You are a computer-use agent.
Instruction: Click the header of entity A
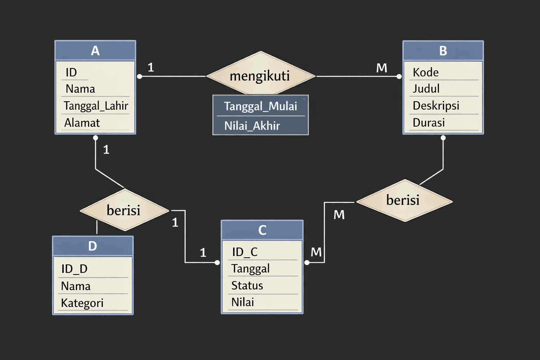click(x=95, y=51)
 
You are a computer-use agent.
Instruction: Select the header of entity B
click(x=443, y=51)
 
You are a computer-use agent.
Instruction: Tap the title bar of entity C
click(x=262, y=230)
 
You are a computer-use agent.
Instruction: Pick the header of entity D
click(x=92, y=246)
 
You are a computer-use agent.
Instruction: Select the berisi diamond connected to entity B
click(x=404, y=200)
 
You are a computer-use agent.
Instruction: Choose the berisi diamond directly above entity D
click(x=124, y=210)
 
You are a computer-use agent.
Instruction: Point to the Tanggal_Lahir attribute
click(x=96, y=105)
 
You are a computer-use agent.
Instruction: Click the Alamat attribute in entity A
click(x=82, y=123)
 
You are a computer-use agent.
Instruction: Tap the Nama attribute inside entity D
click(x=76, y=286)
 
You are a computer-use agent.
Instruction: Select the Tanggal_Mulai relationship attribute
click(x=260, y=106)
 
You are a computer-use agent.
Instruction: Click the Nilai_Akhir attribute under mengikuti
click(x=252, y=126)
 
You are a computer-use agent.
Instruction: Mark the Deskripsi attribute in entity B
click(x=436, y=105)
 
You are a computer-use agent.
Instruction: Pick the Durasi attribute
click(x=429, y=123)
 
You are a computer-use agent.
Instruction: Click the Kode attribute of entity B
click(x=425, y=72)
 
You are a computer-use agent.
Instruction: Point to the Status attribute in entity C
click(x=247, y=285)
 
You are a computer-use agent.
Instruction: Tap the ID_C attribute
click(x=245, y=252)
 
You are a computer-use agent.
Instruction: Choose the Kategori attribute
click(x=82, y=303)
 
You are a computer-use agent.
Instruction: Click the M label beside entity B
click(x=381, y=68)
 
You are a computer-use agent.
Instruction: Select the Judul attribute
click(x=426, y=89)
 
